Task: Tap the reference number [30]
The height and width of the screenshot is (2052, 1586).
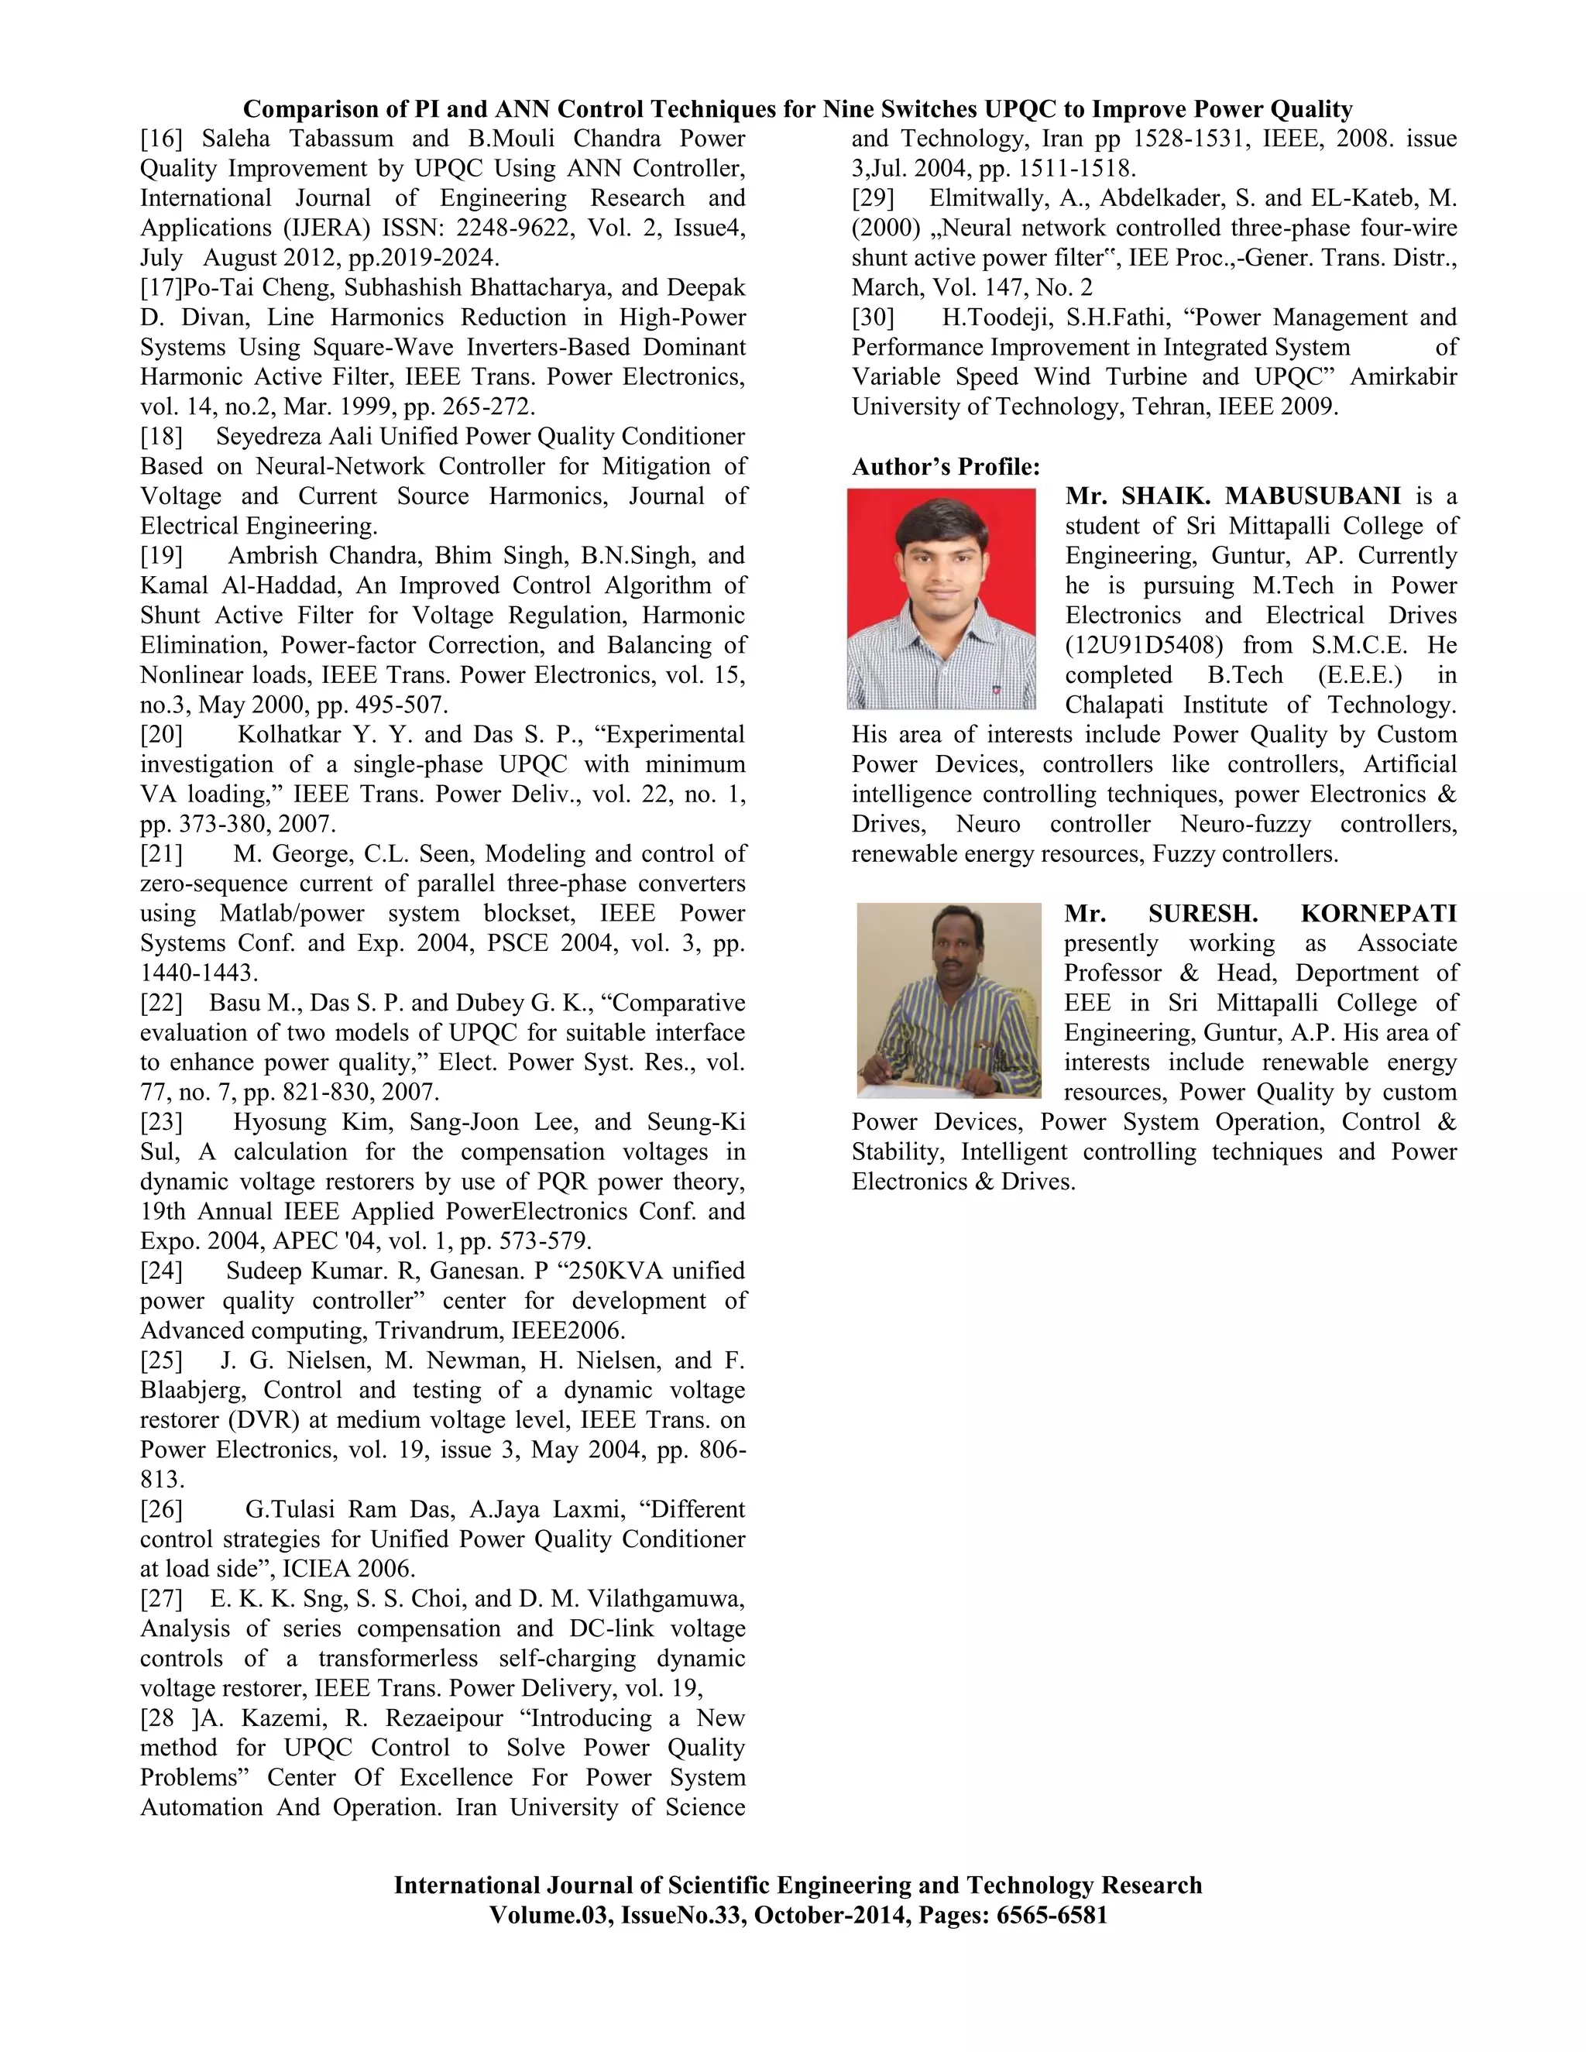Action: (x=873, y=317)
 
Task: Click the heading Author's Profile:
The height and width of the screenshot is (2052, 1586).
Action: (x=946, y=467)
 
